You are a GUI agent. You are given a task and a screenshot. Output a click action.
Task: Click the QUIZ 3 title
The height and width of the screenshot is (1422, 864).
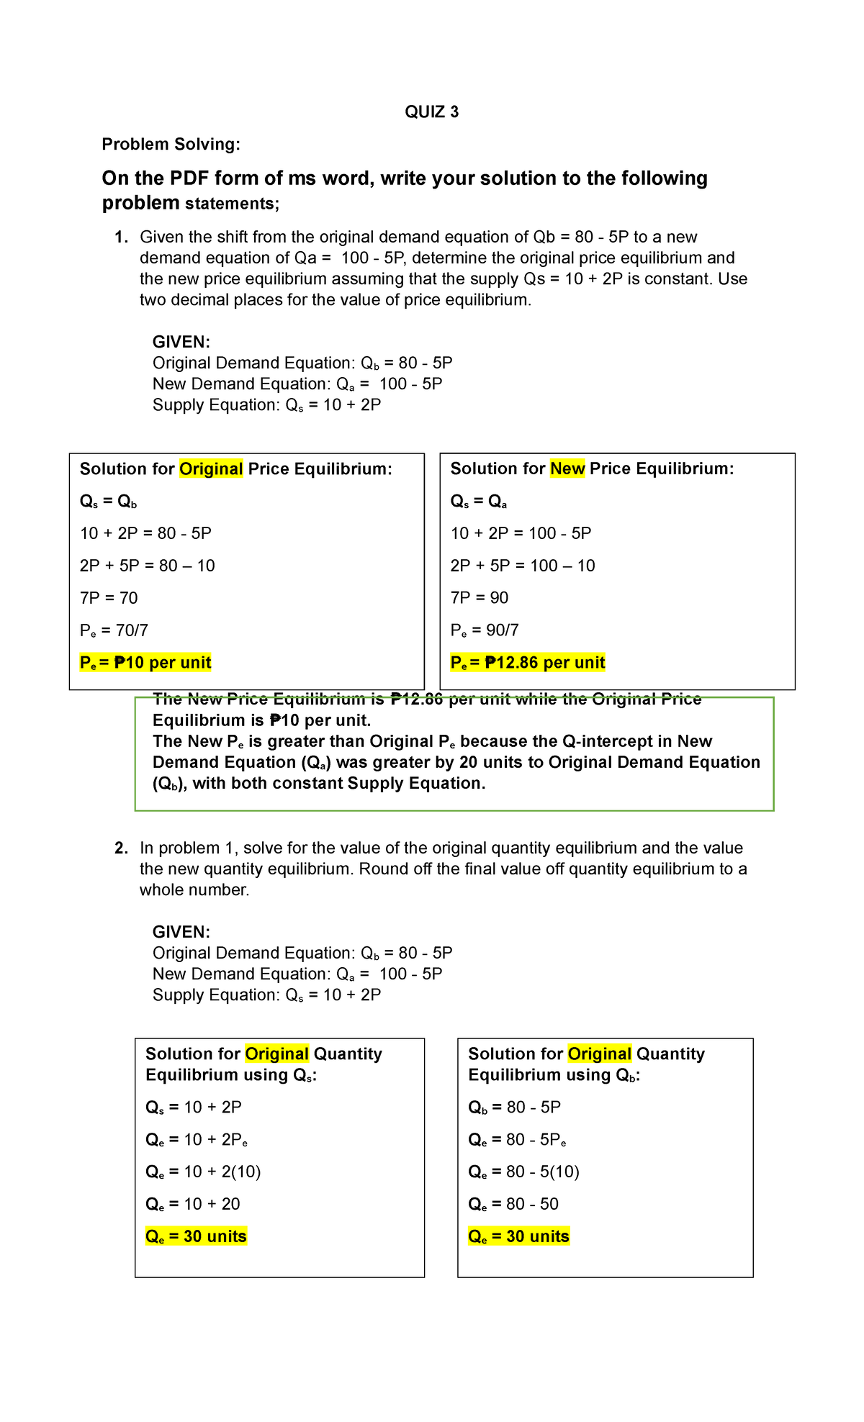[431, 112]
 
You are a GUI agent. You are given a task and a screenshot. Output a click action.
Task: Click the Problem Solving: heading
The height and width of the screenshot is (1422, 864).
[171, 144]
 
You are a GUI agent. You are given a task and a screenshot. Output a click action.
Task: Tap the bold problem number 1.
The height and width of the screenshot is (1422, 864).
[121, 237]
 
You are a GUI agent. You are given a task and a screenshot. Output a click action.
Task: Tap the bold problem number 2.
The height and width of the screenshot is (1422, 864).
[121, 848]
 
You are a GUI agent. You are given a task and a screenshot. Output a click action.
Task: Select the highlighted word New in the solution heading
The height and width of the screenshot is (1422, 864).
[567, 469]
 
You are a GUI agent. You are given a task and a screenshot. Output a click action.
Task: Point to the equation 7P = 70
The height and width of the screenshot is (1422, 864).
[109, 598]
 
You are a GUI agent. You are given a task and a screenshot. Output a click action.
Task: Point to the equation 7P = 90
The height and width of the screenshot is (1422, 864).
[480, 598]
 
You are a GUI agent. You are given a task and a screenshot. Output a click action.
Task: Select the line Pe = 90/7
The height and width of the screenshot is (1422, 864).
[485, 630]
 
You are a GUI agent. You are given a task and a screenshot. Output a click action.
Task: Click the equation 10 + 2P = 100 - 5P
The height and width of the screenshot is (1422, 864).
[521, 533]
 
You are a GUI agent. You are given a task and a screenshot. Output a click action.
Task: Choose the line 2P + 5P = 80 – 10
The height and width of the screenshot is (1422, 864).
[148, 566]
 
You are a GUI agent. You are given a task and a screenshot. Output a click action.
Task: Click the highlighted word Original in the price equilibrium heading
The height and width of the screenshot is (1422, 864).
[211, 469]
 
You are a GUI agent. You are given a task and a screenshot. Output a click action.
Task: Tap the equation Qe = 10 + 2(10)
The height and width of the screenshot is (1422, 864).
[203, 1172]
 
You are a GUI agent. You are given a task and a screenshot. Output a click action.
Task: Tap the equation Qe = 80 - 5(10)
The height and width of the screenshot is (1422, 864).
[523, 1172]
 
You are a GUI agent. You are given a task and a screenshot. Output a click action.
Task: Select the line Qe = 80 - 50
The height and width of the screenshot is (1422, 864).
[513, 1204]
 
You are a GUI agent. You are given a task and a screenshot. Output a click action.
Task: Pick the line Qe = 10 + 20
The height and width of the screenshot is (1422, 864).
[193, 1204]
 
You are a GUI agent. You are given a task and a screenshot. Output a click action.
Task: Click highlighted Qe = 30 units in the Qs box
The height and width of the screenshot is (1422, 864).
[196, 1236]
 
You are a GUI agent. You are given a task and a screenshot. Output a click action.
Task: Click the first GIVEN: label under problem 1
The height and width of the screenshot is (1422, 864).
[181, 342]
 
